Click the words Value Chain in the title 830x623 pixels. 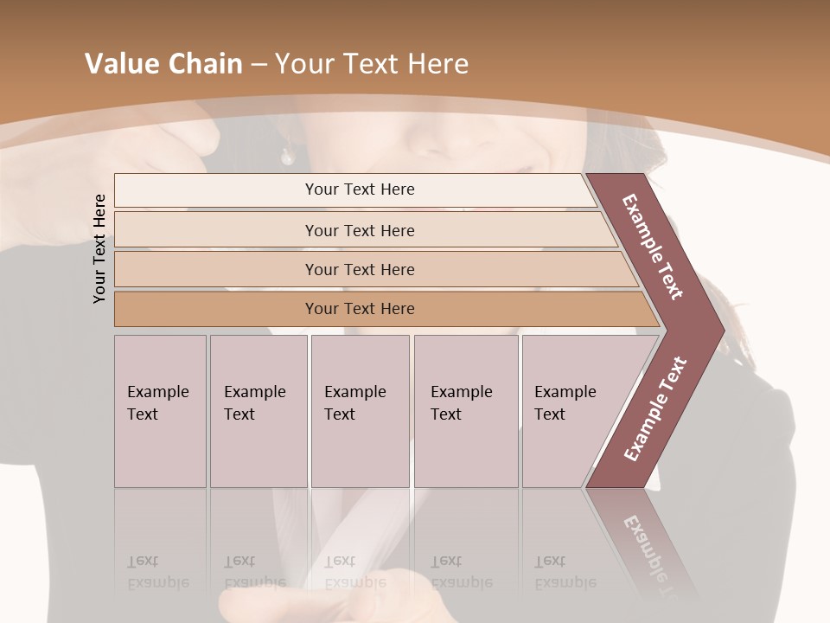click(163, 64)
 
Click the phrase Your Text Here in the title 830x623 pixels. click(372, 64)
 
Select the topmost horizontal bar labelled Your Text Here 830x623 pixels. click(360, 189)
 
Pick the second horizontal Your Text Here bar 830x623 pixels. click(360, 230)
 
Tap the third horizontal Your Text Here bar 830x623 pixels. click(360, 269)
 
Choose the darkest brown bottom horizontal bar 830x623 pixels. click(360, 309)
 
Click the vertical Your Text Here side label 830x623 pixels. click(99, 248)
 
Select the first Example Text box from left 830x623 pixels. click(160, 411)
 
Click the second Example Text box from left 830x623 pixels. click(258, 411)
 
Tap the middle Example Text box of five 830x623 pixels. click(359, 411)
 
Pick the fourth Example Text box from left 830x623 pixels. click(465, 411)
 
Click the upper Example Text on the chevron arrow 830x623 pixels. click(653, 247)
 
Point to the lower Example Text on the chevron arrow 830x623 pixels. click(654, 409)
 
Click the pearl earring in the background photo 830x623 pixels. click(286, 157)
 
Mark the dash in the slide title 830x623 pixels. click(259, 65)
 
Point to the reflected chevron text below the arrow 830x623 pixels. click(648, 554)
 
